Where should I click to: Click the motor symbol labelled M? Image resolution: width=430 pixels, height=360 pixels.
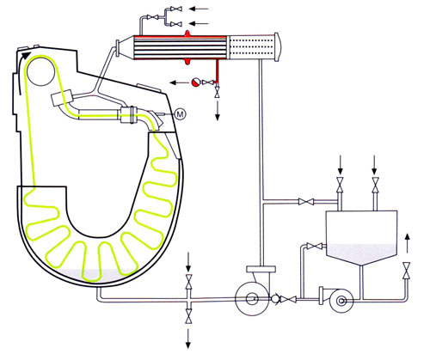pyautogui.click(x=180, y=114)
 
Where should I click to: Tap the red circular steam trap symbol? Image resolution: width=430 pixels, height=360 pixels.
pyautogui.click(x=195, y=82)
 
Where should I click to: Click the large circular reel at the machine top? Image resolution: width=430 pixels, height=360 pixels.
pyautogui.click(x=41, y=70)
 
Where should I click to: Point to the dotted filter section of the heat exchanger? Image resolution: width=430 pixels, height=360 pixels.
pyautogui.click(x=251, y=47)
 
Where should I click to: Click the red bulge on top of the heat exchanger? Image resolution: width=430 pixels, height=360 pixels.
pyautogui.click(x=187, y=33)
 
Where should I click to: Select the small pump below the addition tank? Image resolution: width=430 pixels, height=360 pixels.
pyautogui.click(x=340, y=301)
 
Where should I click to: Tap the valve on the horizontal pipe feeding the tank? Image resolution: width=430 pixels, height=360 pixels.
pyautogui.click(x=306, y=202)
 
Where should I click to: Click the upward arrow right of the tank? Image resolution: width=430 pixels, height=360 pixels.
pyautogui.click(x=407, y=243)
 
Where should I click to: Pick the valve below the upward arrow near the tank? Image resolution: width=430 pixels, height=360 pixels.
pyautogui.click(x=407, y=271)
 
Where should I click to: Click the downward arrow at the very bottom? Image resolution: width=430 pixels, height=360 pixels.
pyautogui.click(x=188, y=339)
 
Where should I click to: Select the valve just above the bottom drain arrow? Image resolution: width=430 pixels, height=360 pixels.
pyautogui.click(x=188, y=316)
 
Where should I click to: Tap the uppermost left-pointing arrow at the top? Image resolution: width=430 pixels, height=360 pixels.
pyautogui.click(x=199, y=9)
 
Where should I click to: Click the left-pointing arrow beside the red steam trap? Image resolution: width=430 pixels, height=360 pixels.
pyautogui.click(x=179, y=82)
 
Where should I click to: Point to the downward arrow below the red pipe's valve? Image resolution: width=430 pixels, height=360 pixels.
pyautogui.click(x=218, y=111)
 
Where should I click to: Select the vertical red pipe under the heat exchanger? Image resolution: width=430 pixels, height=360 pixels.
pyautogui.click(x=218, y=71)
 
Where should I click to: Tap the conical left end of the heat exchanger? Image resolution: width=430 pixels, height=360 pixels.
pyautogui.click(x=126, y=47)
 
